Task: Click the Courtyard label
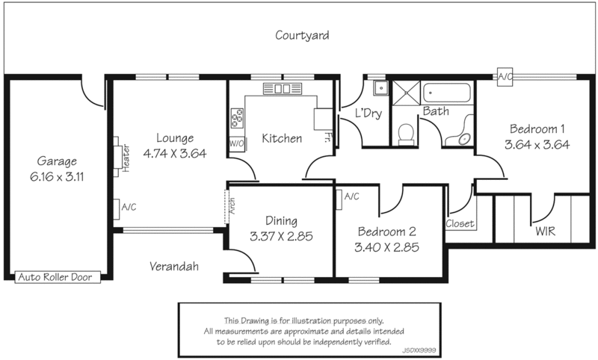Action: [x=302, y=35]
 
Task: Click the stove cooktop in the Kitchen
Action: [x=238, y=118]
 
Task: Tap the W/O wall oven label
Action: [x=237, y=142]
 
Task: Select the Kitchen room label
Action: [x=282, y=138]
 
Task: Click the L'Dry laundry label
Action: [x=368, y=114]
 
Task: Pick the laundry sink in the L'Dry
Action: [x=380, y=89]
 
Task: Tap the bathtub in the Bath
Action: [x=447, y=95]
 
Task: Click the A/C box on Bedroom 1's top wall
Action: [x=505, y=75]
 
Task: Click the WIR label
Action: [x=546, y=232]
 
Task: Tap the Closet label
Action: [x=460, y=223]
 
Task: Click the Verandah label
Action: [x=173, y=265]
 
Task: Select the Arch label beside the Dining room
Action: [x=232, y=205]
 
